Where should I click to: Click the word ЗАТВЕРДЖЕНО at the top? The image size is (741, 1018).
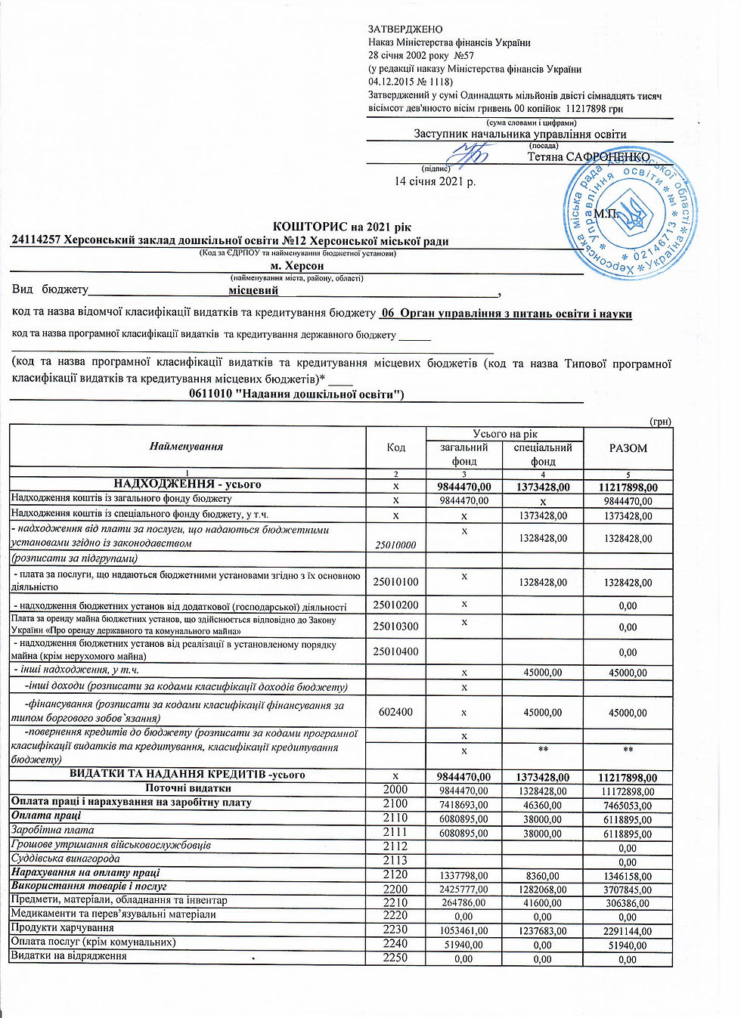click(405, 29)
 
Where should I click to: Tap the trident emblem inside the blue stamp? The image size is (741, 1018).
click(628, 212)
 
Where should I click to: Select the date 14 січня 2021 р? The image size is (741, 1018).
click(435, 181)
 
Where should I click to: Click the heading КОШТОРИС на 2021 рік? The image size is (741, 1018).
click(342, 227)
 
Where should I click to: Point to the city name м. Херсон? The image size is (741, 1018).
click(296, 266)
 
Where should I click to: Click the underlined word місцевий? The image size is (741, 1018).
click(253, 290)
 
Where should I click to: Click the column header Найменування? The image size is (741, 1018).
click(186, 447)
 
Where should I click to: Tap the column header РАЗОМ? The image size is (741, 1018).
click(628, 448)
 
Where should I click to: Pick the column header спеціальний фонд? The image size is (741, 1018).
click(542, 454)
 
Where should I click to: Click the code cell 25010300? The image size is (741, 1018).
click(395, 627)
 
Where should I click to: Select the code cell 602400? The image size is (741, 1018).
click(395, 712)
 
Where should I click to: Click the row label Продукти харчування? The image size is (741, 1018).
click(62, 928)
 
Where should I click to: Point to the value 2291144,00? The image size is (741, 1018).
click(628, 932)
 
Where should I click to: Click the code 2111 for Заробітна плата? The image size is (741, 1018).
click(395, 832)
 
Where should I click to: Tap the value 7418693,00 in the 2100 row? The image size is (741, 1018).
click(464, 806)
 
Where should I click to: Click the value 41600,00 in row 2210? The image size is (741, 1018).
click(542, 903)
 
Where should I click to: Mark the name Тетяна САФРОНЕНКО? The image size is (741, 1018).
click(588, 157)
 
